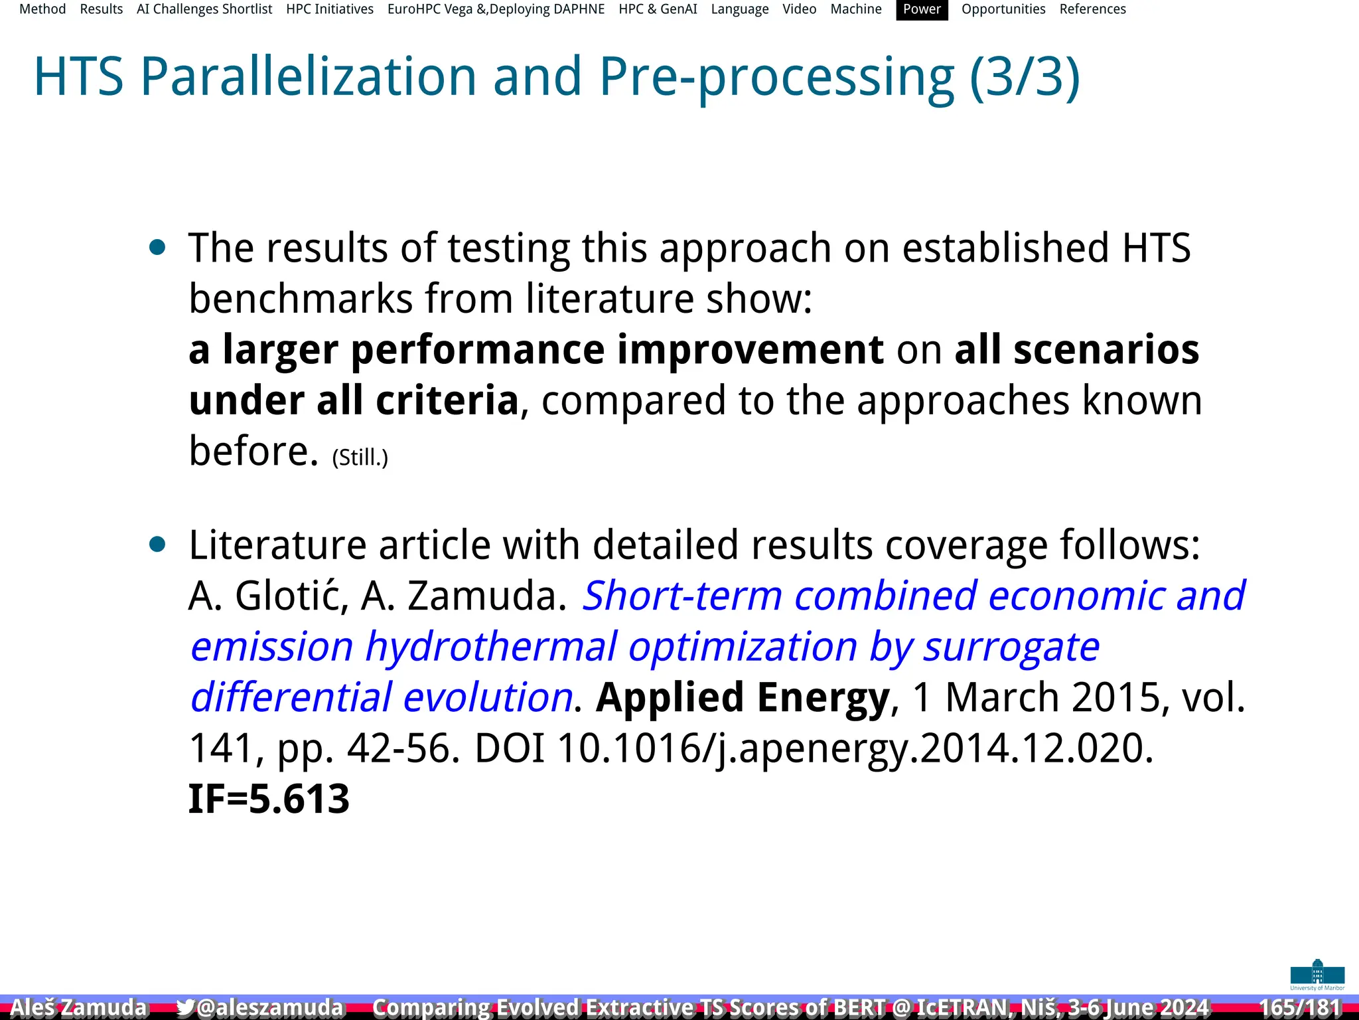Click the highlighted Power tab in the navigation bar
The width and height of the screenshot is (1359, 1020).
point(922,9)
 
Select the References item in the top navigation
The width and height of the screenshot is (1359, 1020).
point(1092,9)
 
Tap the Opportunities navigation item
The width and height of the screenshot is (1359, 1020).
point(1003,9)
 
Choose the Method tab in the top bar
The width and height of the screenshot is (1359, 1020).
point(42,9)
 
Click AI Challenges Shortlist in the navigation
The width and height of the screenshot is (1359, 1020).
point(204,9)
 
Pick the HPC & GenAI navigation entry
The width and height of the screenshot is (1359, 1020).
point(658,9)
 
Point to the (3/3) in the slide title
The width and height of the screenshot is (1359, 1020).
point(1025,77)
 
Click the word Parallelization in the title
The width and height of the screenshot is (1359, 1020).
point(309,77)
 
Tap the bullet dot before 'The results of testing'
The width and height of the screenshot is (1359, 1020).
point(157,248)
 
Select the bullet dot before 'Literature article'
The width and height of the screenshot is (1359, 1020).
point(157,545)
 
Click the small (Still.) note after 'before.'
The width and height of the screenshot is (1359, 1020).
point(360,458)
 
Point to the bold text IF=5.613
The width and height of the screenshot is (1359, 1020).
point(269,798)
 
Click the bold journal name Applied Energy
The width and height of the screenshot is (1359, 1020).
point(743,697)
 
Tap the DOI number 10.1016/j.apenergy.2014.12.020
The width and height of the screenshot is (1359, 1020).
point(855,748)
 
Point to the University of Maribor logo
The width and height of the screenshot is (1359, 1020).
point(1317,975)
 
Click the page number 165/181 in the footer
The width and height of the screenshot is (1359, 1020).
point(1301,1007)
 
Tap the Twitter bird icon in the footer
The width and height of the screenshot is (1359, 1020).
point(186,1007)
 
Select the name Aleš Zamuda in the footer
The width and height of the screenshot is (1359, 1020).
point(78,1007)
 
